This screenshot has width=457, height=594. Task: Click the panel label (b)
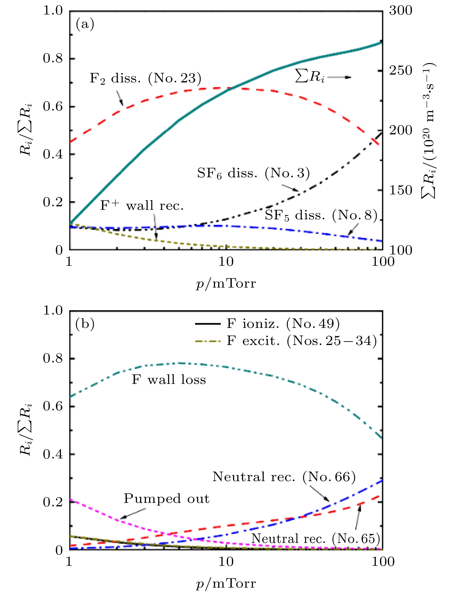(x=85, y=324)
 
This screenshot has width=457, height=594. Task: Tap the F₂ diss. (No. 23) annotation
(x=145, y=78)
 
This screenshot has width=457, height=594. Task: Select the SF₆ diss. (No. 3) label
(x=253, y=173)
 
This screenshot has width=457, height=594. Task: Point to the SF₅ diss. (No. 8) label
(x=321, y=215)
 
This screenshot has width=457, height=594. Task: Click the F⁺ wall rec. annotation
(x=142, y=206)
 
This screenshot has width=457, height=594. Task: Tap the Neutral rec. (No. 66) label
(x=284, y=477)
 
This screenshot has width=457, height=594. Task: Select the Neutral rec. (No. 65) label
(x=315, y=539)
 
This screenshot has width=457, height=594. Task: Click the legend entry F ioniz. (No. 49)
(x=283, y=324)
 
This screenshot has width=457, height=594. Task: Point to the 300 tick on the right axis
(x=400, y=11)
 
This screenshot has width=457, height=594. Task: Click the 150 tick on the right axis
(x=400, y=190)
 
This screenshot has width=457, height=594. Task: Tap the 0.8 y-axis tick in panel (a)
(x=53, y=59)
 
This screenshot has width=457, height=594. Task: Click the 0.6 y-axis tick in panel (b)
(x=53, y=406)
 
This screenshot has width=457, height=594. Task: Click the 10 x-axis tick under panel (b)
(x=226, y=562)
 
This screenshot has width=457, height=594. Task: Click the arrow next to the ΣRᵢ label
(x=340, y=77)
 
